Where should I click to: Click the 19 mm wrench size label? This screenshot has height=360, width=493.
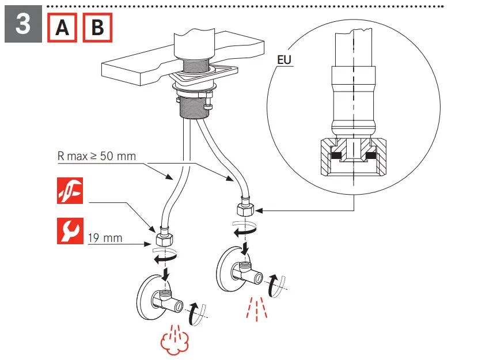[105, 237]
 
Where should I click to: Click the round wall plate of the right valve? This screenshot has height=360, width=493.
[228, 266]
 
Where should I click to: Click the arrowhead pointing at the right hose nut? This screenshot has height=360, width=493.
[256, 210]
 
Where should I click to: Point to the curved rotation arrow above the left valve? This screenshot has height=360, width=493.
[164, 257]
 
